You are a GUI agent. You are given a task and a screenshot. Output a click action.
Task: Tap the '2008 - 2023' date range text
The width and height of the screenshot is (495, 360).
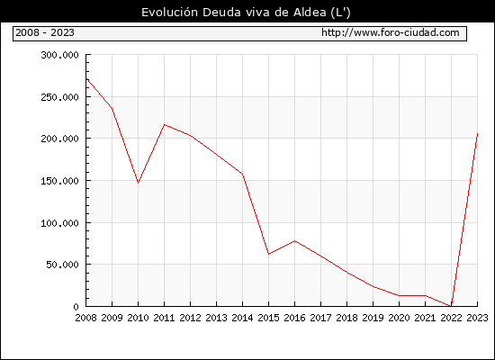pos(45,32)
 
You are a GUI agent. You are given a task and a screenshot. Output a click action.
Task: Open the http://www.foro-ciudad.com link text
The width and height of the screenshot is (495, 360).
pos(391,32)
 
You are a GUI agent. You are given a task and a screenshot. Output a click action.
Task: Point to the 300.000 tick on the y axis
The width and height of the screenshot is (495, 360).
pos(59,55)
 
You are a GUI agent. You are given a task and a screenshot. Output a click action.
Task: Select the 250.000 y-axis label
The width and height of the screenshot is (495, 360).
pos(59,97)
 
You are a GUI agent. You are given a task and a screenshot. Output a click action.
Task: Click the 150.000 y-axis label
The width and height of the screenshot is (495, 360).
pos(59,181)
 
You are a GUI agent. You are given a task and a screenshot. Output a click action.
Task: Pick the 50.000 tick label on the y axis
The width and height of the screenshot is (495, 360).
pos(62,265)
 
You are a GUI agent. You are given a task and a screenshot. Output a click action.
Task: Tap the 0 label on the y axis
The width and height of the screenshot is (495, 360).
pos(76,307)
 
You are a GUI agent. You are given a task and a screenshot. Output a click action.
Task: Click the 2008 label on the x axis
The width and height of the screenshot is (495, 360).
pos(85,318)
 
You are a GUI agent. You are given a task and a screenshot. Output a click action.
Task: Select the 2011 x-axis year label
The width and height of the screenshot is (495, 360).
pos(164,318)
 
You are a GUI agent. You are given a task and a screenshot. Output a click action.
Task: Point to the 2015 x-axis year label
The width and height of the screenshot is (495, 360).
pos(269,318)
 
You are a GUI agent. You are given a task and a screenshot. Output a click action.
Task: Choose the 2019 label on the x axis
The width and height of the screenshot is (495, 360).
pos(373,318)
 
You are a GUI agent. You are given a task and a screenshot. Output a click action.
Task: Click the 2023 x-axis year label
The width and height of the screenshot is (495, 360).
pos(477,318)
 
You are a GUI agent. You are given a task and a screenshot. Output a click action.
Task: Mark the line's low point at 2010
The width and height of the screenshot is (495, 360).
pos(139,183)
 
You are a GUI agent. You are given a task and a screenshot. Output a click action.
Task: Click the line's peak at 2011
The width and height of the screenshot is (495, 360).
pos(165,125)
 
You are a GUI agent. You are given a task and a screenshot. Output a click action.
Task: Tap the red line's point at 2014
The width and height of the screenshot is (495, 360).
pos(242,174)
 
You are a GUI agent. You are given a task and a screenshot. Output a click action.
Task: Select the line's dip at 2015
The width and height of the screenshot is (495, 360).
pos(269,254)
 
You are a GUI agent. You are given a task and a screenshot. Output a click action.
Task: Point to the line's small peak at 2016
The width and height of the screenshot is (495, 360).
pos(295,241)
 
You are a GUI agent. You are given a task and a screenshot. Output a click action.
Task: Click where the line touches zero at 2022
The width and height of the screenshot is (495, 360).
pos(451,306)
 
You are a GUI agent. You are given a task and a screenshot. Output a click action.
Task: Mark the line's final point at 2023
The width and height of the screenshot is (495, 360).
pos(477,134)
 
